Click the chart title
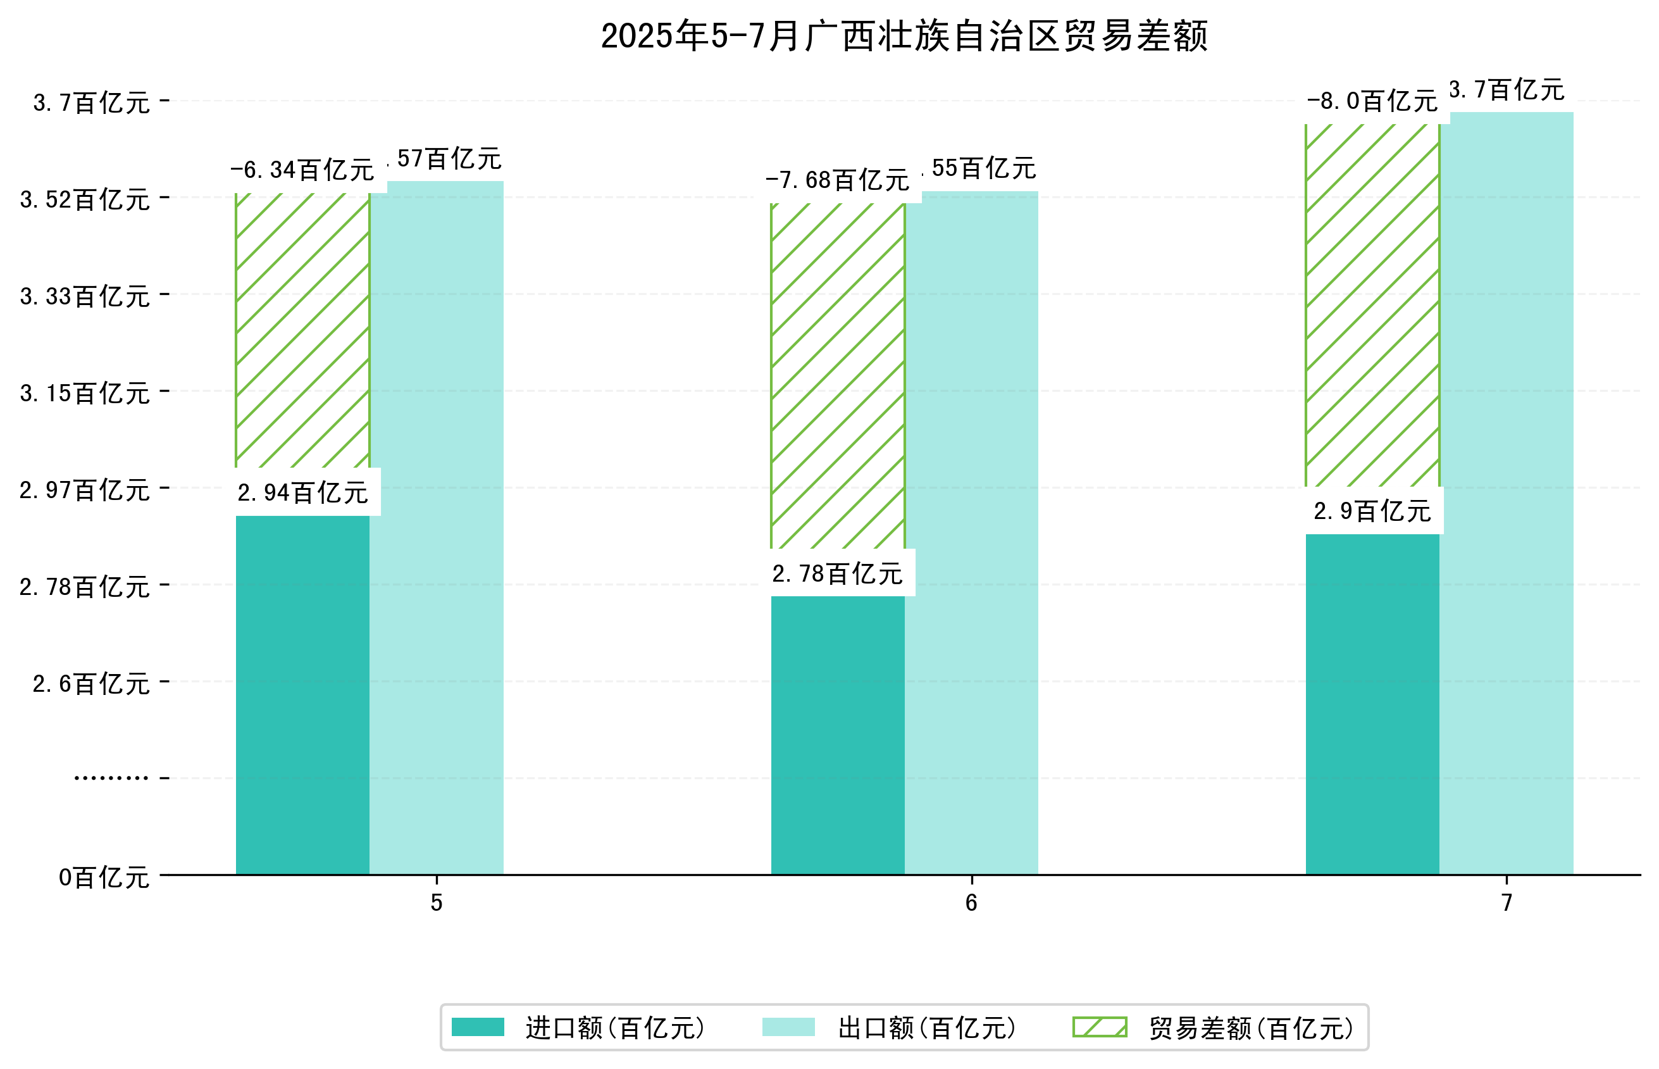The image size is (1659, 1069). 904,36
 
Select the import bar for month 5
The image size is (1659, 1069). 302,694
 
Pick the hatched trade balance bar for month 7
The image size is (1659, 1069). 1372,306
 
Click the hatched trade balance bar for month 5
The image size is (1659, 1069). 302,330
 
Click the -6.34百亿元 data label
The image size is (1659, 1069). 302,170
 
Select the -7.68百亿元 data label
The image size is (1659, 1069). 837,180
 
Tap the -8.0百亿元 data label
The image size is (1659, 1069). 1372,101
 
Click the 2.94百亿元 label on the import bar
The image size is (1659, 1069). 302,493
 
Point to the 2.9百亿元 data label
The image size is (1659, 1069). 1372,511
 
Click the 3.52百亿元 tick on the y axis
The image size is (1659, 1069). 85,200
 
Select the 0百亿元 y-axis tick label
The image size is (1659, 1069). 104,877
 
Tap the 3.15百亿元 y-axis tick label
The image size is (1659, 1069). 85,394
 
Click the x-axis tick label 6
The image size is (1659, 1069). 971,903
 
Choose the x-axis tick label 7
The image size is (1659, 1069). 1507,903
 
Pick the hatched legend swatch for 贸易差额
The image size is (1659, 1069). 1099,1027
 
